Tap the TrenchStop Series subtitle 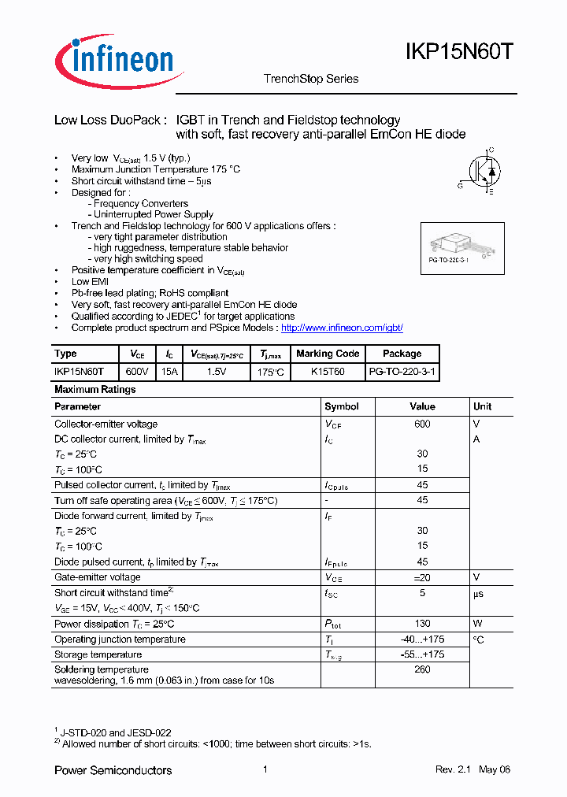click(x=310, y=79)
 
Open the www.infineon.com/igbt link click(x=342, y=328)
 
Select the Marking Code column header click(x=328, y=354)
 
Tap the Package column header click(x=402, y=354)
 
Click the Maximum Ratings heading click(x=94, y=390)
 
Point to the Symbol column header click(x=342, y=406)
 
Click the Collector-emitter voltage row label click(x=106, y=424)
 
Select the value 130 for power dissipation click(x=422, y=624)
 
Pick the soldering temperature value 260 click(x=422, y=669)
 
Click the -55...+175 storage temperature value click(x=422, y=654)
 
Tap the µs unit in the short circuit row click(x=478, y=593)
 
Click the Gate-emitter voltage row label click(x=97, y=577)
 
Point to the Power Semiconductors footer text click(x=113, y=770)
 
